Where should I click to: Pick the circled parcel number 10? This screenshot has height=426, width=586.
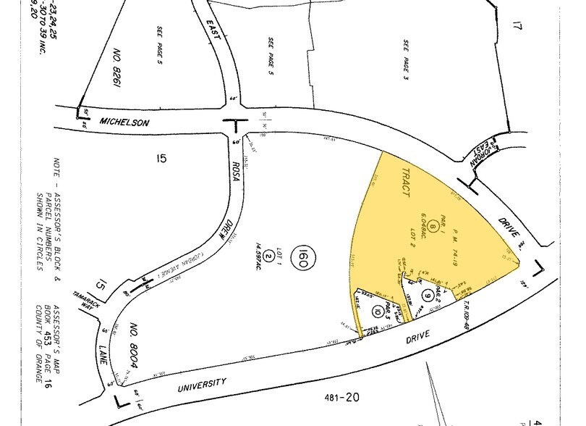(377, 312)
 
